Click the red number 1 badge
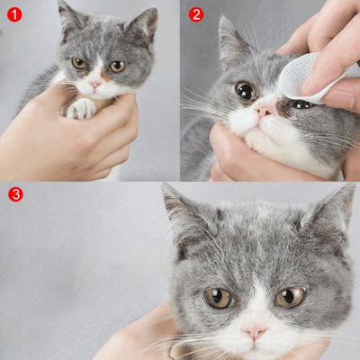14,14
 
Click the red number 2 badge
195,14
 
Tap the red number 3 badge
14,193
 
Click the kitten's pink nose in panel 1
95,84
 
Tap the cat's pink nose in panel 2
264,110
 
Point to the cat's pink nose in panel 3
255,332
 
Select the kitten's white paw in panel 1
81,108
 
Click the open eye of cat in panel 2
244,90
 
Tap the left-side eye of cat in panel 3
218,298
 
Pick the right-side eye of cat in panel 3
289,296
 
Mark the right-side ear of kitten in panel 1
143,25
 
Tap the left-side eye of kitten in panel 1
79,63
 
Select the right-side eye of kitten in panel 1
117,66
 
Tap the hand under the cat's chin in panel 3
144,337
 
